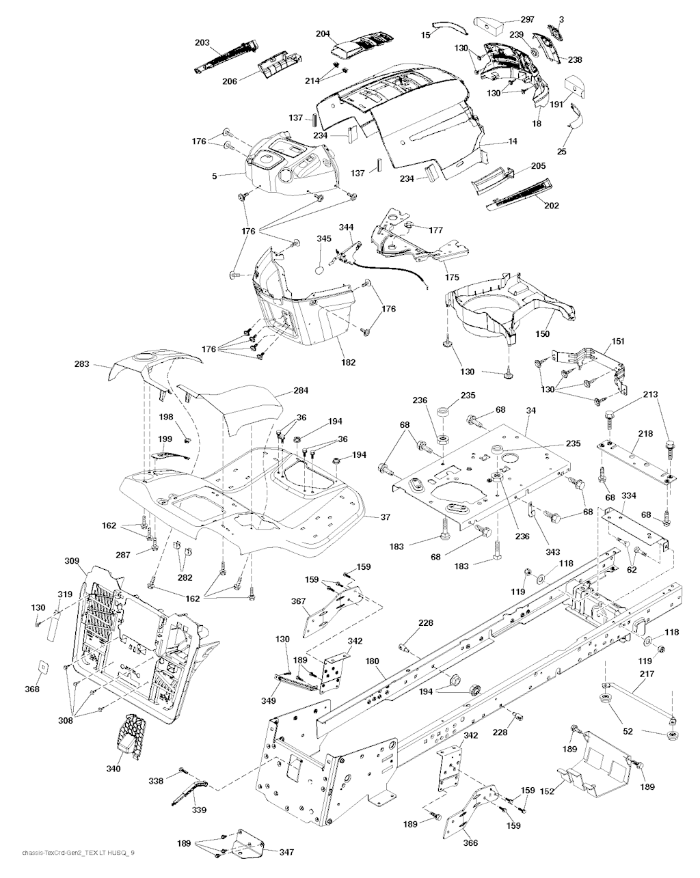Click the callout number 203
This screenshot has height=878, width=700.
pos(202,42)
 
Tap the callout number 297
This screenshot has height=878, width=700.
pos(527,19)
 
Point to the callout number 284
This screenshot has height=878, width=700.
pos(300,391)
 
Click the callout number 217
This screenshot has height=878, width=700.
pos(647,674)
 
